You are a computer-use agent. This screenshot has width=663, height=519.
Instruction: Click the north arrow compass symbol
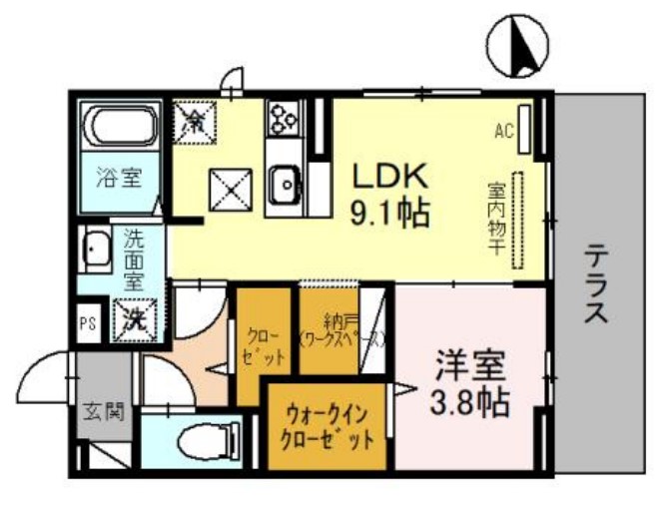[x=518, y=46]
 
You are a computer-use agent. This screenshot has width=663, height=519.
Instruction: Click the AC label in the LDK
[x=503, y=130]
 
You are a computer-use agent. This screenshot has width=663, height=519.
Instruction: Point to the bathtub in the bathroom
[x=120, y=128]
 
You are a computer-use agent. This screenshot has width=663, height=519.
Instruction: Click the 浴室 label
[x=119, y=180]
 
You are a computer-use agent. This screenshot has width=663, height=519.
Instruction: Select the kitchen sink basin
[x=284, y=183]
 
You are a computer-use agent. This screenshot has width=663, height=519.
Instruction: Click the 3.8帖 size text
[x=469, y=403]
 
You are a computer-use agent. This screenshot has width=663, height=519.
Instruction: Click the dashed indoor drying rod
[x=518, y=227]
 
